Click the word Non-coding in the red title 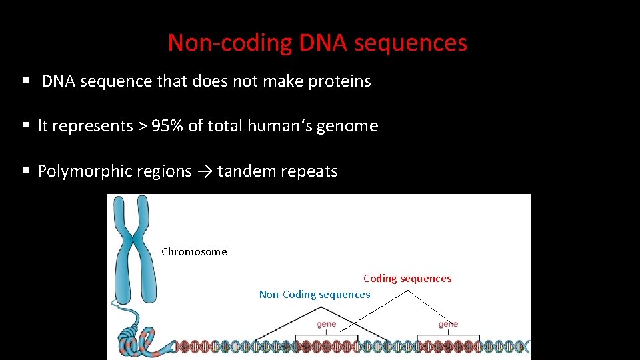pyautogui.click(x=230, y=43)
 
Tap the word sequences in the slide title pyautogui.click(x=411, y=43)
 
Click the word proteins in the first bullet pyautogui.click(x=339, y=81)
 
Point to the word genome pyautogui.click(x=347, y=126)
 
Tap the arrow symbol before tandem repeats pyautogui.click(x=205, y=171)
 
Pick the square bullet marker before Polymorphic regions pyautogui.click(x=26, y=171)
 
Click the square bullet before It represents pyautogui.click(x=26, y=126)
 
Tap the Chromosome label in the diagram pyautogui.click(x=194, y=252)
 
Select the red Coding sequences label pyautogui.click(x=407, y=279)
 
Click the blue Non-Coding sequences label pyautogui.click(x=314, y=295)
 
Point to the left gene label pyautogui.click(x=326, y=324)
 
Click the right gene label pyautogui.click(x=448, y=324)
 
